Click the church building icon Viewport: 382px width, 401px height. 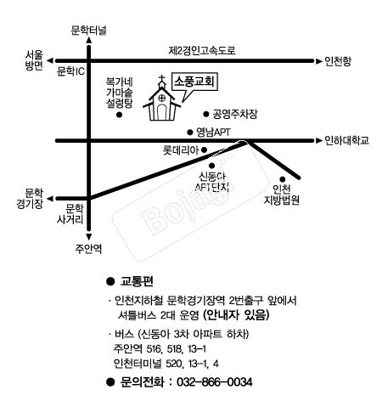tap(160, 102)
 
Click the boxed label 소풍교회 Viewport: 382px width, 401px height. tap(194, 82)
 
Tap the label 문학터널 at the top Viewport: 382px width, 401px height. tap(89, 30)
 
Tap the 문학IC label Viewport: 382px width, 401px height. tap(70, 71)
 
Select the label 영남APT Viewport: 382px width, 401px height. tap(214, 133)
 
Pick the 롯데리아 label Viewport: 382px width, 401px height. tap(181, 150)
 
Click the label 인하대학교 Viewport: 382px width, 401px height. tap(347, 141)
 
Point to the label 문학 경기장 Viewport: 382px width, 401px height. tap(33, 198)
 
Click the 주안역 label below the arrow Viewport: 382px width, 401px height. tap(88, 248)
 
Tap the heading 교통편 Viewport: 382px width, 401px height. tap(141, 280)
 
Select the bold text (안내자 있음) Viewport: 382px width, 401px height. tap(235, 314)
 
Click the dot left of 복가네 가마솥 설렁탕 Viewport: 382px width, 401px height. tap(120, 113)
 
